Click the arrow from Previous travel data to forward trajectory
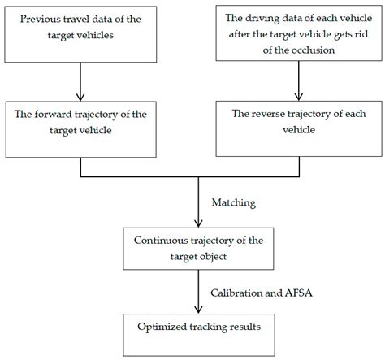coord(80,79)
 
